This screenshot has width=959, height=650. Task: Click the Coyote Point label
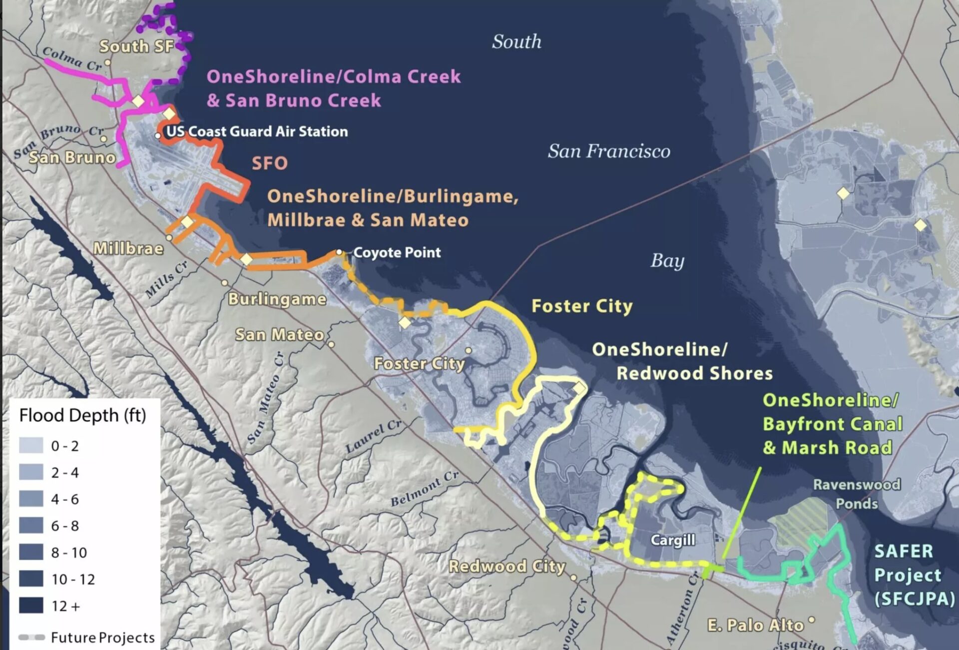[397, 252]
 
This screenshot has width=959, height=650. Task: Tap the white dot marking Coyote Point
[339, 252]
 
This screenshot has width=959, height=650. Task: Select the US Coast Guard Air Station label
[257, 131]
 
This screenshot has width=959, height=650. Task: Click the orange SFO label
[270, 163]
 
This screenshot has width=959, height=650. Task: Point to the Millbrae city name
[128, 248]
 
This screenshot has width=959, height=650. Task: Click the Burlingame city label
[277, 299]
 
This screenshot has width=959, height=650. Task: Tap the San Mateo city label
[280, 334]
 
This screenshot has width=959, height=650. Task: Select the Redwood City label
[506, 566]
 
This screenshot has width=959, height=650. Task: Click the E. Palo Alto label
[755, 625]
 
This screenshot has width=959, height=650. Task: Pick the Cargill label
[672, 540]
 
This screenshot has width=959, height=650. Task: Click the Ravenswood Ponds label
[857, 494]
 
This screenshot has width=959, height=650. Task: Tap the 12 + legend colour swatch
[31, 606]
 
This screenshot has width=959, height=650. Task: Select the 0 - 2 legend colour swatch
[31, 445]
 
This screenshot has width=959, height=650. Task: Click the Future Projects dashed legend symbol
[31, 637]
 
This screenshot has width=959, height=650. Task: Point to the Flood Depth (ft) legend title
[82, 415]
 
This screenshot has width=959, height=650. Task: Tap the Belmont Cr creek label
[424, 488]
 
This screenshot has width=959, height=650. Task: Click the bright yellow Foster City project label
[582, 306]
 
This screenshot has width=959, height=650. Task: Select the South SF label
[136, 46]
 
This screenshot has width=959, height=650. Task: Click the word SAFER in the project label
[903, 551]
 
